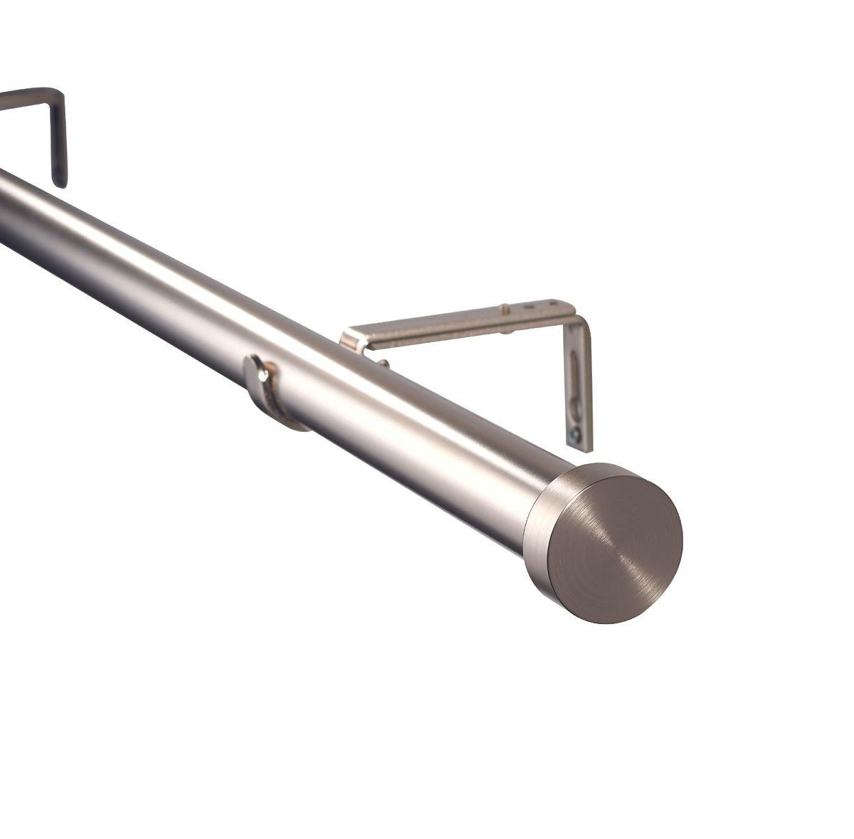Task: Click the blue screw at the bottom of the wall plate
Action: pyautogui.click(x=574, y=431)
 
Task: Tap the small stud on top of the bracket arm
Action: pyautogui.click(x=505, y=309)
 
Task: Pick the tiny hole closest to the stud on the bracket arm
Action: pyautogui.click(x=527, y=308)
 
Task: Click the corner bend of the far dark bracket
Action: pyautogui.click(x=57, y=96)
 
